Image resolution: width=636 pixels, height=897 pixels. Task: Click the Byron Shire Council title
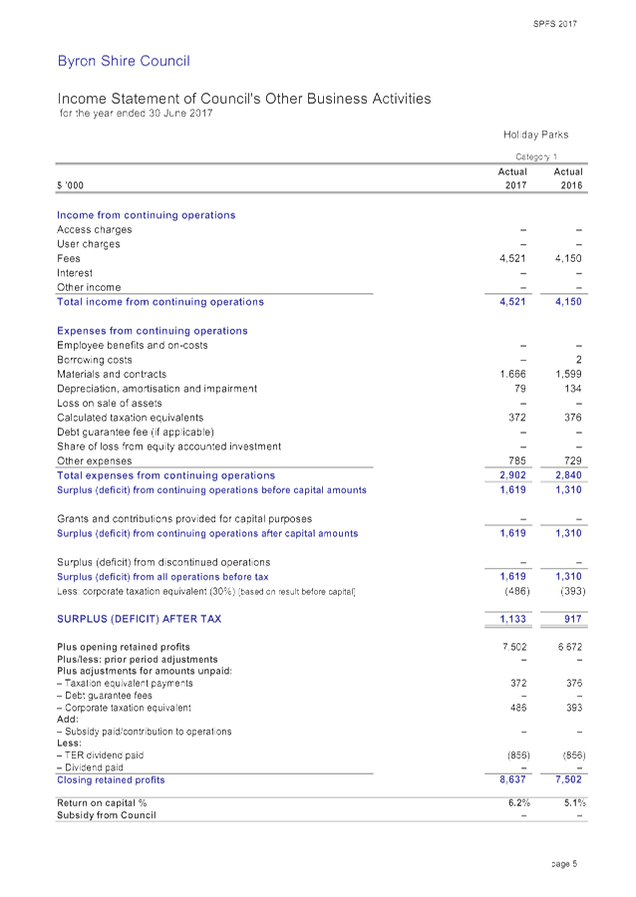click(123, 62)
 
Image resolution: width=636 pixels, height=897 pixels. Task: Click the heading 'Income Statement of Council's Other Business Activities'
click(243, 99)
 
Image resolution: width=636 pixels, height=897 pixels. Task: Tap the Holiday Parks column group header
click(535, 135)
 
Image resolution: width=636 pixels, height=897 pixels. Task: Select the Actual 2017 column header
click(512, 178)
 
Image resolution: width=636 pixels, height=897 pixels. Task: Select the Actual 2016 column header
click(567, 178)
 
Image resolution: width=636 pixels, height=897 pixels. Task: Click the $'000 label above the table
click(70, 185)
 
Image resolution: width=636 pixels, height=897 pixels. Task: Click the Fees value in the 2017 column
click(511, 258)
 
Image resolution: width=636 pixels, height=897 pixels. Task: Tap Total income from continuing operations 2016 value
click(567, 301)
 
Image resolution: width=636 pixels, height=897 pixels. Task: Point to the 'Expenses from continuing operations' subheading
click(152, 331)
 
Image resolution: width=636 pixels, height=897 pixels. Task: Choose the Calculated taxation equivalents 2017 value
click(515, 418)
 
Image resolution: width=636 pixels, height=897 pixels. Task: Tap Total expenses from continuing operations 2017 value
click(511, 475)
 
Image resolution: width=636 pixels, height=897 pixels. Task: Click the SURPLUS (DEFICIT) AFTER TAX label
click(139, 619)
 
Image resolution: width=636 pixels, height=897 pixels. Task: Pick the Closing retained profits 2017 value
click(511, 779)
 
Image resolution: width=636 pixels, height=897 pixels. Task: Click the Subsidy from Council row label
click(106, 815)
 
